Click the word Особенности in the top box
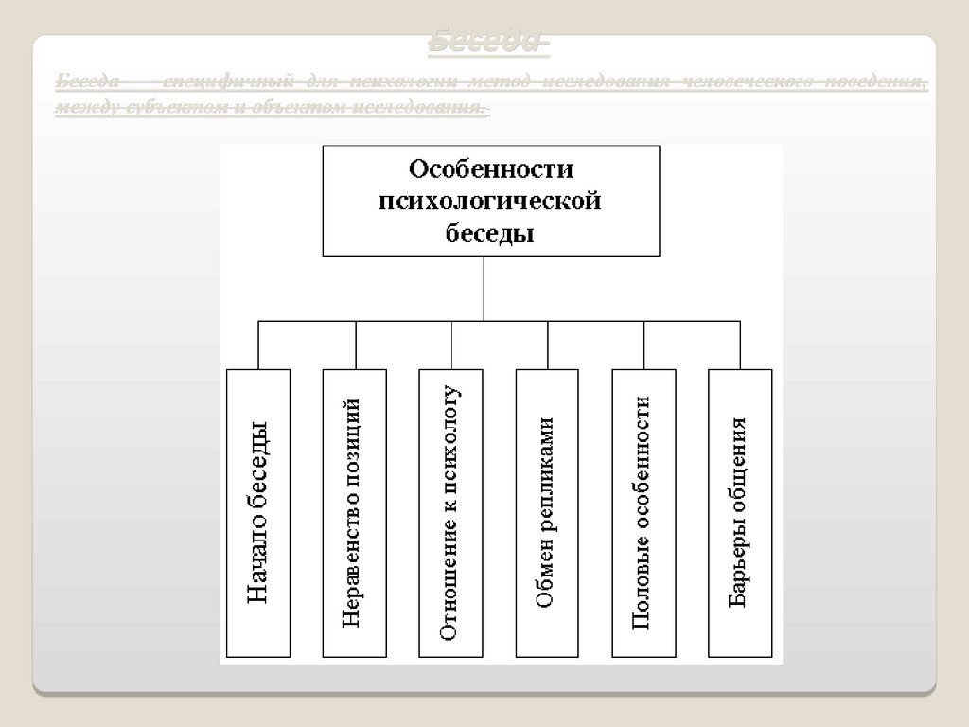490,169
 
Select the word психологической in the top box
490,201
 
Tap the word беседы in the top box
490,233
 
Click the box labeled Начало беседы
258,512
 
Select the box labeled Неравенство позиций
355,512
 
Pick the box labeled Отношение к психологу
451,512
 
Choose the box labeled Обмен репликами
547,512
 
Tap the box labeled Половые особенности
643,512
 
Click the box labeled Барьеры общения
740,512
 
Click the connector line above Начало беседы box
258,345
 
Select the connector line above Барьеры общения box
740,345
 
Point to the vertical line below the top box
484,288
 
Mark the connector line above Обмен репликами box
548,345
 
